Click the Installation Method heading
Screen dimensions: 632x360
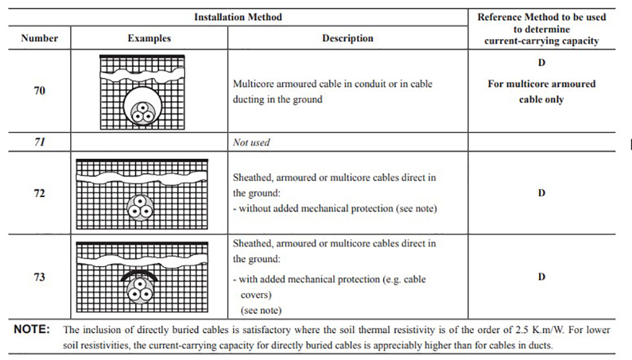[x=238, y=17]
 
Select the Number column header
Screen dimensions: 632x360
[x=39, y=38]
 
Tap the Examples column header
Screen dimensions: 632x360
[x=149, y=39]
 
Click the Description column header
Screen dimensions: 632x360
[x=348, y=39]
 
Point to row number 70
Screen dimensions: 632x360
[x=39, y=90]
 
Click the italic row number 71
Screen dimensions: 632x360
[x=39, y=141]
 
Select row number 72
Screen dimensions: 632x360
[x=39, y=193]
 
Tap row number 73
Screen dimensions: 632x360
[x=39, y=277]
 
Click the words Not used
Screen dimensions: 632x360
[x=251, y=142]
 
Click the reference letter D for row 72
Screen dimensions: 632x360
[x=542, y=193]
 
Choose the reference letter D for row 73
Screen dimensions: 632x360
[x=542, y=277]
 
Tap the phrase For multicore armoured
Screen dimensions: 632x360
[x=542, y=84]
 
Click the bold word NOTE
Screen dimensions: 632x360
[x=32, y=330]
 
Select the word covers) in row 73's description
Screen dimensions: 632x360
[x=256, y=295]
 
